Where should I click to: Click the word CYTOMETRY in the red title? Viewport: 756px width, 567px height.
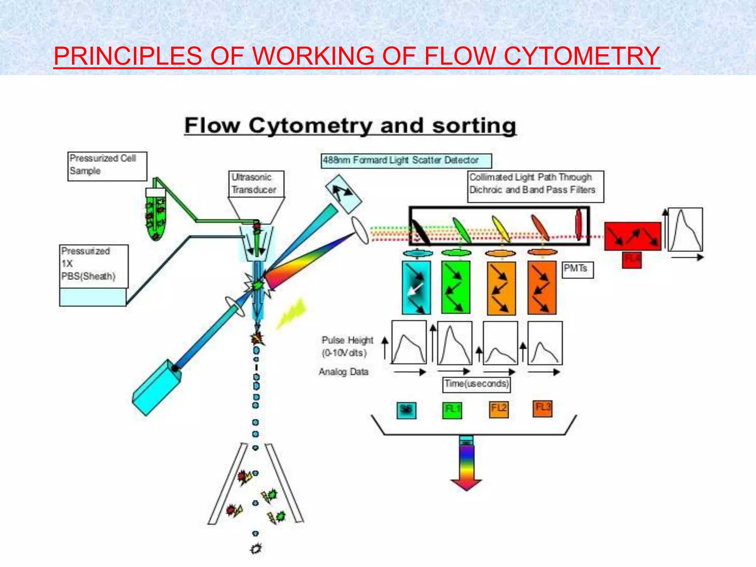(581, 56)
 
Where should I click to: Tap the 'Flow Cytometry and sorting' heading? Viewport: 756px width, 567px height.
(350, 126)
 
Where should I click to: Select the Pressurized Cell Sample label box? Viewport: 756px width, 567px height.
(107, 166)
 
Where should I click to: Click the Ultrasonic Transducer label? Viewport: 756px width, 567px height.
(256, 183)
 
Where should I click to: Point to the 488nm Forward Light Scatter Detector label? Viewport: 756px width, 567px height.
(406, 161)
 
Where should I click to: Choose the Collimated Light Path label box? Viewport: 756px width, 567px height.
(535, 186)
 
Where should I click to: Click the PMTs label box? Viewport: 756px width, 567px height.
(577, 269)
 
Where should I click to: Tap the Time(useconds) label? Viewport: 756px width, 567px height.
(477, 384)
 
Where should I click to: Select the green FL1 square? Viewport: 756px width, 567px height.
(452, 410)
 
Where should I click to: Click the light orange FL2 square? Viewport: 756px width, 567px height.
(498, 409)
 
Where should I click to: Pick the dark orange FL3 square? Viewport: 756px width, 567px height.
(542, 408)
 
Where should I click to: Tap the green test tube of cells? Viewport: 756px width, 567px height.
(155, 216)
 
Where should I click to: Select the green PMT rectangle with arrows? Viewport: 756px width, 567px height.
(456, 287)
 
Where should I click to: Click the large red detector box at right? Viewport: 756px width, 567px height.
(632, 236)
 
